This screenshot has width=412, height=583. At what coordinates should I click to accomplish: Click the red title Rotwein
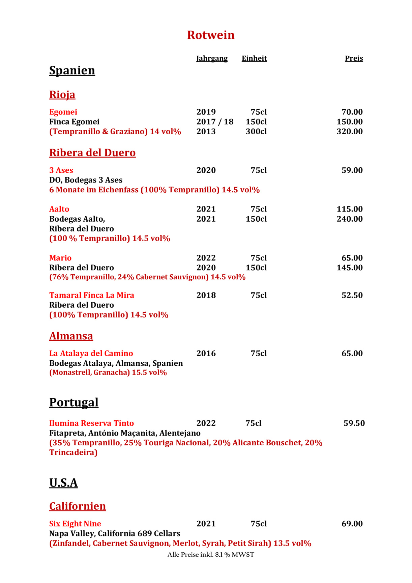click(211, 35)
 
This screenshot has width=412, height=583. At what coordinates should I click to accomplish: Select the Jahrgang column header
click(212, 58)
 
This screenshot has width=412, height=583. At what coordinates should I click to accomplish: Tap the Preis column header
click(354, 58)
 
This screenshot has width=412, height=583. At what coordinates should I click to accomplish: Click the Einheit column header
click(254, 58)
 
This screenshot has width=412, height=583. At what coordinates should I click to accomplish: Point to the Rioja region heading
click(62, 94)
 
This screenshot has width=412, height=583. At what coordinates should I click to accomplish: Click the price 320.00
click(350, 132)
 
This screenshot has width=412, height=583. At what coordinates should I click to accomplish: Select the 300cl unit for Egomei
click(256, 132)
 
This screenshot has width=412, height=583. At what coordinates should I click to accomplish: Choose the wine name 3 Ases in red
click(61, 170)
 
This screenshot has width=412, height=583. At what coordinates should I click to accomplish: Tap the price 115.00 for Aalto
click(350, 209)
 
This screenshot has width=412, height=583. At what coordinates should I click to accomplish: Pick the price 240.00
click(350, 219)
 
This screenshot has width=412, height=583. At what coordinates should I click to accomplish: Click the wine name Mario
click(60, 258)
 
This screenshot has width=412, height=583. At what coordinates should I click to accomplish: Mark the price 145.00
click(350, 268)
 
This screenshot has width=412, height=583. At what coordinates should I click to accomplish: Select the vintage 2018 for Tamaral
click(206, 295)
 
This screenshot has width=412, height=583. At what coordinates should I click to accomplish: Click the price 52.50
click(352, 295)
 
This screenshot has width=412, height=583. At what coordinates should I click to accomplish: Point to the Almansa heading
click(71, 336)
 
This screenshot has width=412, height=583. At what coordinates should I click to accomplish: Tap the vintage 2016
click(206, 354)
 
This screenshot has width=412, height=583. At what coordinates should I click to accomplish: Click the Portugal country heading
click(74, 402)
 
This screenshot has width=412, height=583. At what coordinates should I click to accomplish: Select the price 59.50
click(354, 423)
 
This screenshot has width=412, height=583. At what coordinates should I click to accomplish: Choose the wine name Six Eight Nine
click(75, 524)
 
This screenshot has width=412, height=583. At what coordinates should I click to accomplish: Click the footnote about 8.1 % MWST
click(211, 555)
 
